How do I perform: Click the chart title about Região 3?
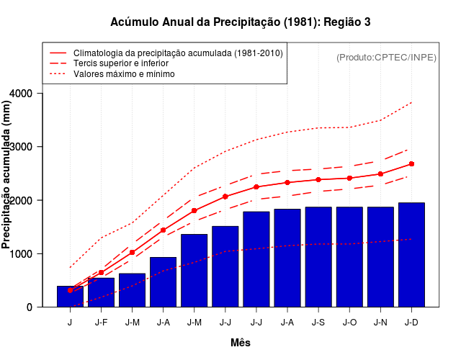pos(241,22)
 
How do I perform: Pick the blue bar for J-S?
pos(318,257)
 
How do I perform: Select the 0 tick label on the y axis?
pos(29,307)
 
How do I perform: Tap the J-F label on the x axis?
pos(101,322)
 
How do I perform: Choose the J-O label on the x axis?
pos(349,322)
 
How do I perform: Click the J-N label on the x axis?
pos(380,322)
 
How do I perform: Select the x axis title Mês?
pos(241,343)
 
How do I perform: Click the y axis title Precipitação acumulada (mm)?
pos(7,174)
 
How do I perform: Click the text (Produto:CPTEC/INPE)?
pos(387,58)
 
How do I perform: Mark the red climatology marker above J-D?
pos(411,164)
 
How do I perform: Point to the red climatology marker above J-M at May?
pos(194,210)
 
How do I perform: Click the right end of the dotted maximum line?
pos(411,102)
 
